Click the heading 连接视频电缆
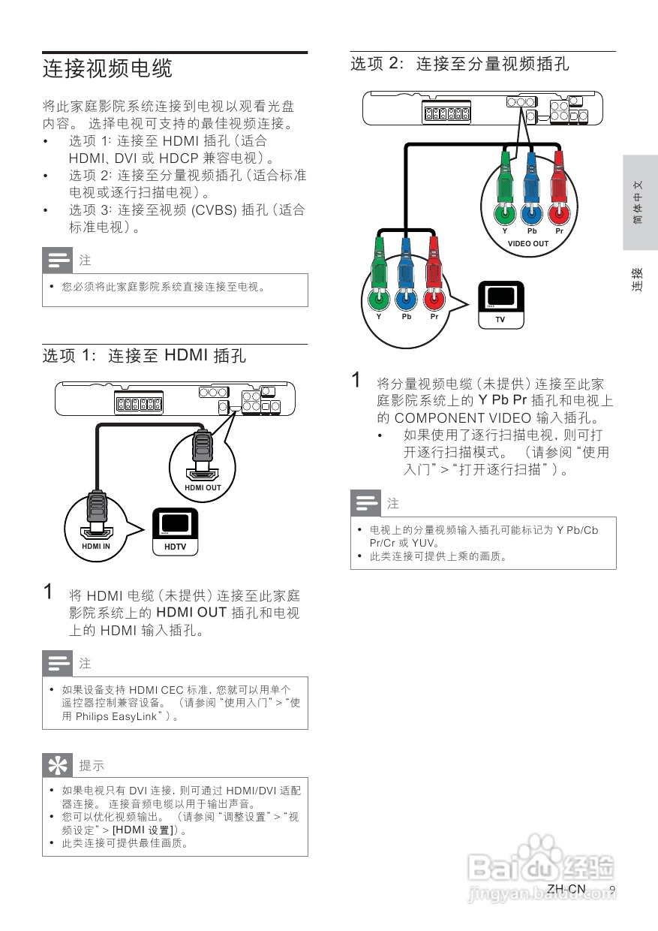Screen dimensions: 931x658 (x=107, y=69)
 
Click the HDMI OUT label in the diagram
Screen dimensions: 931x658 (x=203, y=488)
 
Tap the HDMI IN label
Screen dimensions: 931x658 (x=96, y=547)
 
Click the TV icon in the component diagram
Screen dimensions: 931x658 (x=500, y=305)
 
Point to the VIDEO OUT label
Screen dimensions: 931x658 (x=528, y=243)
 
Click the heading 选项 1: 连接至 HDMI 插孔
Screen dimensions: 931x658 (x=144, y=355)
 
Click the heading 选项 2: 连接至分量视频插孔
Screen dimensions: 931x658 (x=460, y=64)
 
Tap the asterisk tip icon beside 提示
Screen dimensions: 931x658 (x=57, y=765)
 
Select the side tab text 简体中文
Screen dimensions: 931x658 (x=638, y=202)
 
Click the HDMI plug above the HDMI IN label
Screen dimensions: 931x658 (x=96, y=511)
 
